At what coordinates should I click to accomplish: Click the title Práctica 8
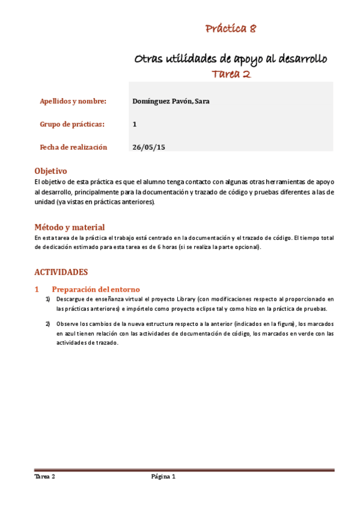click(231, 28)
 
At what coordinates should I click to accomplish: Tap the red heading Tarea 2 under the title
click(231, 75)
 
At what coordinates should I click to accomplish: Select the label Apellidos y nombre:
click(73, 101)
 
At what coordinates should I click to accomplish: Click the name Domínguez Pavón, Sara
click(170, 101)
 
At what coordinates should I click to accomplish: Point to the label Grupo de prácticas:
click(72, 124)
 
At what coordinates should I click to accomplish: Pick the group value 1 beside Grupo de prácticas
click(135, 124)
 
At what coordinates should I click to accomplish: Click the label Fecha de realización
click(73, 147)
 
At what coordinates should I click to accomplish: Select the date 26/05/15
click(148, 147)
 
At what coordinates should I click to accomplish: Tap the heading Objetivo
click(50, 171)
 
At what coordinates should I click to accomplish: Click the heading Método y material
click(69, 227)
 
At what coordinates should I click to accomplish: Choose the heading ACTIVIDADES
click(61, 272)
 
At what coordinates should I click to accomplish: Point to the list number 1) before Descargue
click(48, 299)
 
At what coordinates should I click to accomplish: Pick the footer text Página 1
click(163, 476)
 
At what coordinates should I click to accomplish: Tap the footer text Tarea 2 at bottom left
click(45, 476)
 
